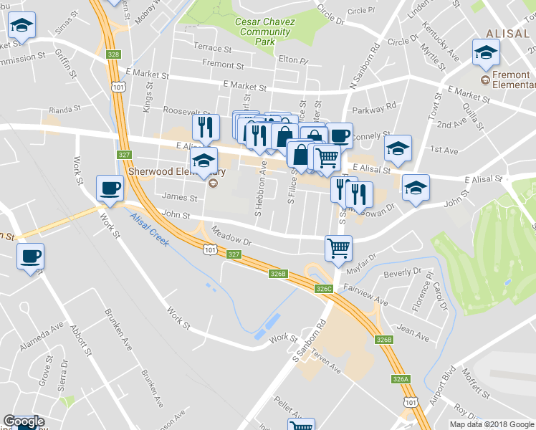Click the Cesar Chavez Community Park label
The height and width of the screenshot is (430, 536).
coord(265,32)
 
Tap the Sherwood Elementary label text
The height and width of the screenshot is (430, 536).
coord(176,172)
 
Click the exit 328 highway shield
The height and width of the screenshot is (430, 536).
coord(113,54)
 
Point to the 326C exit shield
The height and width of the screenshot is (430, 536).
coord(324,289)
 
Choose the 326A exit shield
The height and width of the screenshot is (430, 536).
coord(401,378)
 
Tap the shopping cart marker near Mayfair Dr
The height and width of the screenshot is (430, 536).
coord(339,249)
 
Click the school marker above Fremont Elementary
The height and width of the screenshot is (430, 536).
coord(486,52)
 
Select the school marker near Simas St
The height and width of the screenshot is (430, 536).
coord(22,27)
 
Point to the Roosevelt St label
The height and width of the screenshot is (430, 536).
coord(184,111)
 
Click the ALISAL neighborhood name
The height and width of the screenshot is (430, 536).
coord(507,34)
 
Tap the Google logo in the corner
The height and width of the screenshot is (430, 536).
coord(24,422)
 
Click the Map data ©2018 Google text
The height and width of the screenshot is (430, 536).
coord(492,424)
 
